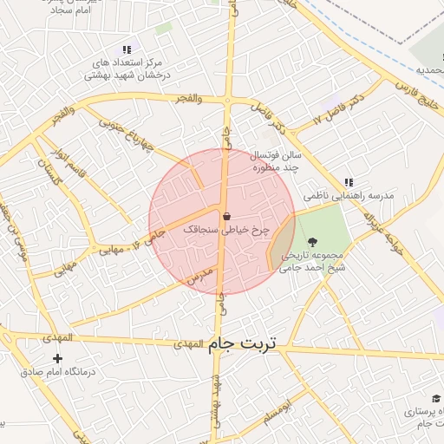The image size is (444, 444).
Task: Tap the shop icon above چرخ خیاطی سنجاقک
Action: click(x=227, y=216)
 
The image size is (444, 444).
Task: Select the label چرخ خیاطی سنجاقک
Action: click(x=227, y=231)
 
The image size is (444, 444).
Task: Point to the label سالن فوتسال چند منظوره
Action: click(x=275, y=161)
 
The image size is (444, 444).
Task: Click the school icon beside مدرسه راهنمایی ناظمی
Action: click(x=349, y=182)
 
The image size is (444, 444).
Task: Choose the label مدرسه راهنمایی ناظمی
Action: click(x=349, y=196)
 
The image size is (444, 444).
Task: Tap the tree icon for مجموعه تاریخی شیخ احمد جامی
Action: click(x=312, y=241)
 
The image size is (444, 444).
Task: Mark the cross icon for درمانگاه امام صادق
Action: click(x=58, y=358)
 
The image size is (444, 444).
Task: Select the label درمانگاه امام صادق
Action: click(x=58, y=372)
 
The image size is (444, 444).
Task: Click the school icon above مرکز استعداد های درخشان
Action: click(x=127, y=50)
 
